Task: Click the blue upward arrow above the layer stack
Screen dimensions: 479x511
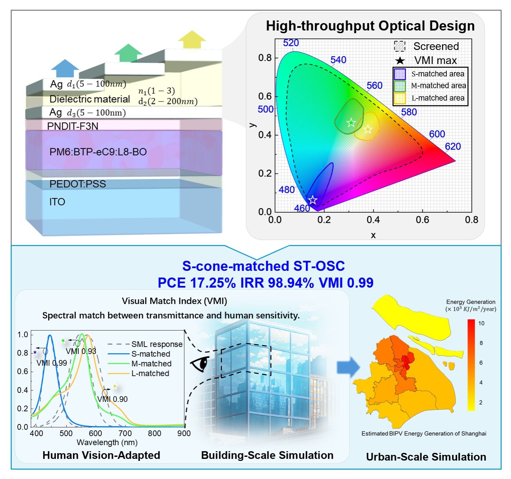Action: (65, 68)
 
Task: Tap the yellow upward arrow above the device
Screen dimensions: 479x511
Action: (192, 40)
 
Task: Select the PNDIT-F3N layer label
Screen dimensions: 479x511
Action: (73, 126)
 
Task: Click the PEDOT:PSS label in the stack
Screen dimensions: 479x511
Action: (78, 184)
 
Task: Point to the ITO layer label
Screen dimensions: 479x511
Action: (57, 202)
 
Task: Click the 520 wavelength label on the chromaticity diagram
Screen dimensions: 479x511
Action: (291, 43)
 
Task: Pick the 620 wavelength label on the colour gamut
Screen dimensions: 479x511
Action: (453, 146)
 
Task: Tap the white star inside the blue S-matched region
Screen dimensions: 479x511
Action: (312, 200)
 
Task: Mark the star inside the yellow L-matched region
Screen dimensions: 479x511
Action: (368, 129)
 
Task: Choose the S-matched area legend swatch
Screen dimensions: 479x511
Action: (400, 74)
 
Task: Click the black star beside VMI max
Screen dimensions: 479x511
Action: (400, 61)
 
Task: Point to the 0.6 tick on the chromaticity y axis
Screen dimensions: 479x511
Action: (265, 97)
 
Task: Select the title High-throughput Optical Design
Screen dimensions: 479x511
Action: (370, 26)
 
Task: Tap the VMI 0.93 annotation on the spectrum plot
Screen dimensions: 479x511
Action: (81, 351)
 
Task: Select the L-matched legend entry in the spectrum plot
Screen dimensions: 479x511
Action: (150, 373)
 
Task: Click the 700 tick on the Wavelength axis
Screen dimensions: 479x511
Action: (125, 433)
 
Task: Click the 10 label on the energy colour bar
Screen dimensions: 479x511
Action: (481, 323)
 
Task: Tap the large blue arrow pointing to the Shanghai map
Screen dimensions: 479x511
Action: (348, 367)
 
